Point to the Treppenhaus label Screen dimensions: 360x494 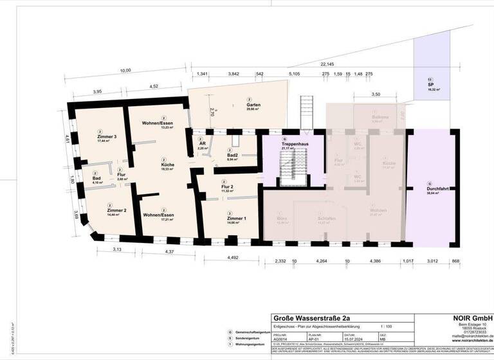[x=284, y=144]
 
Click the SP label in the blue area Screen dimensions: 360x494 [x=429, y=85]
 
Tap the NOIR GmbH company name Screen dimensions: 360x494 [x=472, y=318]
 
